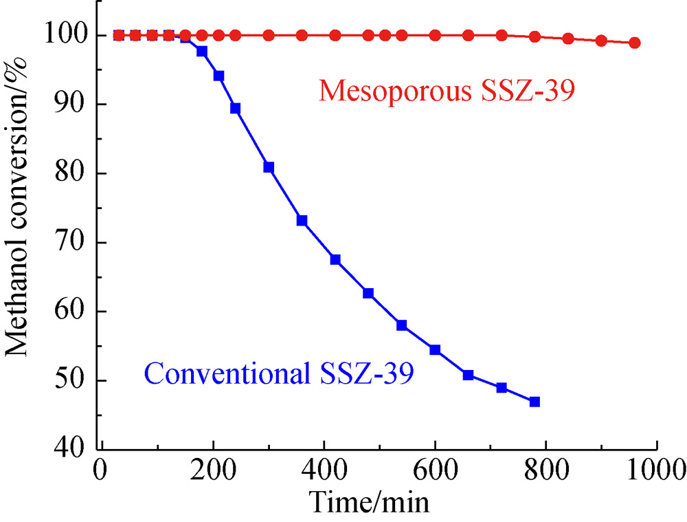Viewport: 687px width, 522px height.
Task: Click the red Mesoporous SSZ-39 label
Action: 446,91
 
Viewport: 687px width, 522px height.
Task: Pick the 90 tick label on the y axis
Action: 77,105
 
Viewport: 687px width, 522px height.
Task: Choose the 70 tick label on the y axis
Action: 77,242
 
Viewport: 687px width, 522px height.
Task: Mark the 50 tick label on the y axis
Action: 77,380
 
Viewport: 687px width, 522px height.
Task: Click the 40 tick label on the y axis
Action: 77,449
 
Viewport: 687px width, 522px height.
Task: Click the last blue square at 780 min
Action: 534,402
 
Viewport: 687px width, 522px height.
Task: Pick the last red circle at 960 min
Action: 635,43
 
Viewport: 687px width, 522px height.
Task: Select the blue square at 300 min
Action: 269,167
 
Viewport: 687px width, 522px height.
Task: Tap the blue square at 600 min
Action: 435,349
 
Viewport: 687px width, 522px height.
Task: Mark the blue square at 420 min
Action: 335,259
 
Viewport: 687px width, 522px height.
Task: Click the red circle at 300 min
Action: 269,35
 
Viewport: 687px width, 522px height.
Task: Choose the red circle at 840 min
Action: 568,39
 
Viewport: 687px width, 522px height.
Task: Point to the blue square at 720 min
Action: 502,387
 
